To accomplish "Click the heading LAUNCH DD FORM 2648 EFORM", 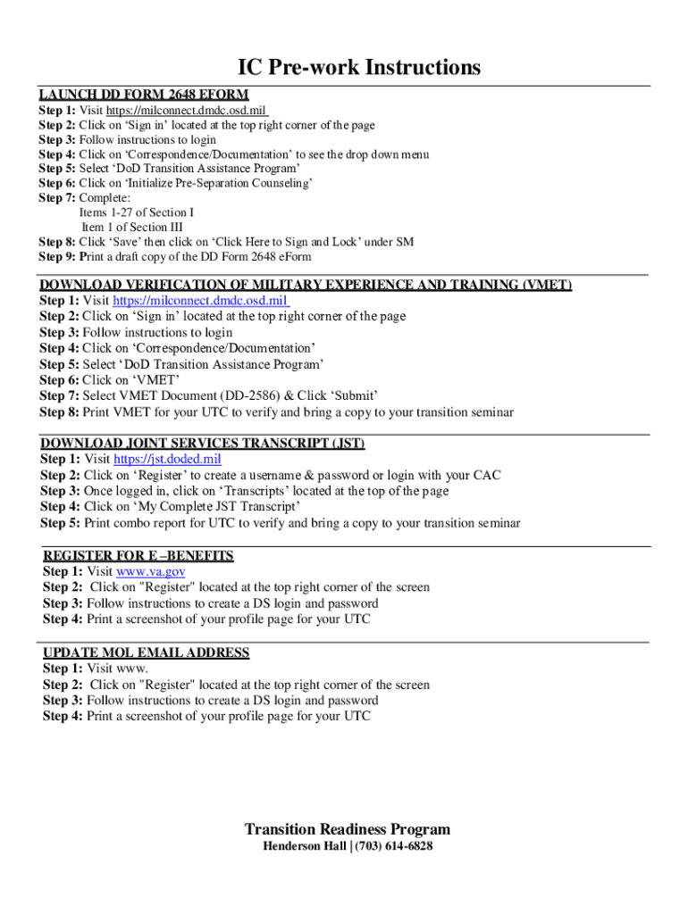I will (143, 95).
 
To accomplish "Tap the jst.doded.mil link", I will (167, 459).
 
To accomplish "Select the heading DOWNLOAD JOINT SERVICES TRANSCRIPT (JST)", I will (203, 443).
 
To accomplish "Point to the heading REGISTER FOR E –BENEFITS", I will (138, 555).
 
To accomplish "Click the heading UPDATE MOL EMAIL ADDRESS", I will (147, 652).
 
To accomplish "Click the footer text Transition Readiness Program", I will (348, 829).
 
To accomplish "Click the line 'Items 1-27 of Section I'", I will (136, 212).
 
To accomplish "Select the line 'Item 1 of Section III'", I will (137, 227).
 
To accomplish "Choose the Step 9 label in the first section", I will (57, 257).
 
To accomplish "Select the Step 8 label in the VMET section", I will (59, 412).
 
